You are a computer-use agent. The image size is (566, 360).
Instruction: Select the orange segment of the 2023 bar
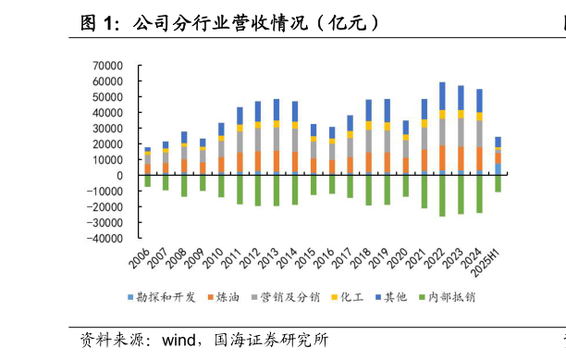(x=461, y=159)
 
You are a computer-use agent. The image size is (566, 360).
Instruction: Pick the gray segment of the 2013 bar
(x=277, y=139)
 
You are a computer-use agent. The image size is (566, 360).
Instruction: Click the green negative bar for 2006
(x=147, y=180)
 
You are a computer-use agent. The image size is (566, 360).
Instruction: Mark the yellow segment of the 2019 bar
(x=387, y=126)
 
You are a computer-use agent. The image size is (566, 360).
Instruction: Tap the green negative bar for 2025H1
(x=498, y=183)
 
